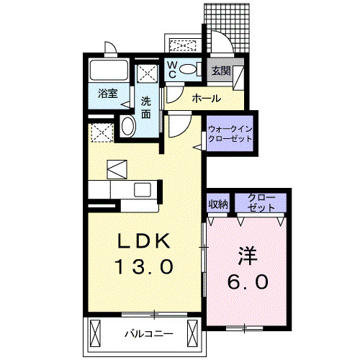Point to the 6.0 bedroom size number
click(x=248, y=281)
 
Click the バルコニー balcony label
click(x=147, y=333)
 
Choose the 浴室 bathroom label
click(x=107, y=93)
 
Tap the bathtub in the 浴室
click(x=107, y=72)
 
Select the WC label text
click(x=174, y=70)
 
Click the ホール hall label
click(x=206, y=99)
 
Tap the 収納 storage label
click(x=218, y=203)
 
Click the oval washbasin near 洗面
click(x=128, y=127)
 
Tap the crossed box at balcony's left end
click(x=96, y=333)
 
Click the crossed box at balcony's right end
click(x=192, y=333)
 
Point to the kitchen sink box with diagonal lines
click(x=117, y=169)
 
